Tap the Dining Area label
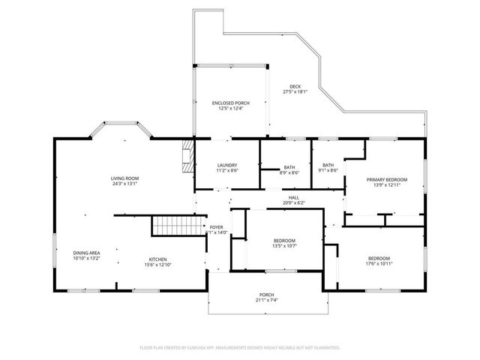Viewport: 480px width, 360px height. pyautogui.click(x=87, y=253)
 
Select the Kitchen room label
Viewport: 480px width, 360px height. pyautogui.click(x=157, y=259)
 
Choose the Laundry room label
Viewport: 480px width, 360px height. pyautogui.click(x=227, y=165)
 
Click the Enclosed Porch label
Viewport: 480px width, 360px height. pyautogui.click(x=231, y=103)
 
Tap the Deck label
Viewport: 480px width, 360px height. pyautogui.click(x=295, y=87)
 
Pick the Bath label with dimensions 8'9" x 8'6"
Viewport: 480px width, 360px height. pyautogui.click(x=289, y=167)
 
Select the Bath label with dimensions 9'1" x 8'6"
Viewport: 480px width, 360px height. pyautogui.click(x=328, y=165)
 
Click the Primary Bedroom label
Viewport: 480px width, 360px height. pyautogui.click(x=386, y=180)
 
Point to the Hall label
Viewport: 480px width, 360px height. pyautogui.click(x=295, y=197)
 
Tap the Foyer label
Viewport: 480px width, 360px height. pyautogui.click(x=216, y=227)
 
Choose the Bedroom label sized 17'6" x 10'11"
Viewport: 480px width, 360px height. pyautogui.click(x=379, y=259)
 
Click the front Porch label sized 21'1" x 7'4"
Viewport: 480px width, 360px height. pyautogui.click(x=268, y=295)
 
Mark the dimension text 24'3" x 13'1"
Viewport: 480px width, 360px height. pyautogui.click(x=125, y=183)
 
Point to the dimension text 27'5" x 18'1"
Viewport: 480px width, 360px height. pyautogui.click(x=295, y=91)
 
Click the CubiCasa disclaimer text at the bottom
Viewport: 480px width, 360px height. pyautogui.click(x=240, y=347)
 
